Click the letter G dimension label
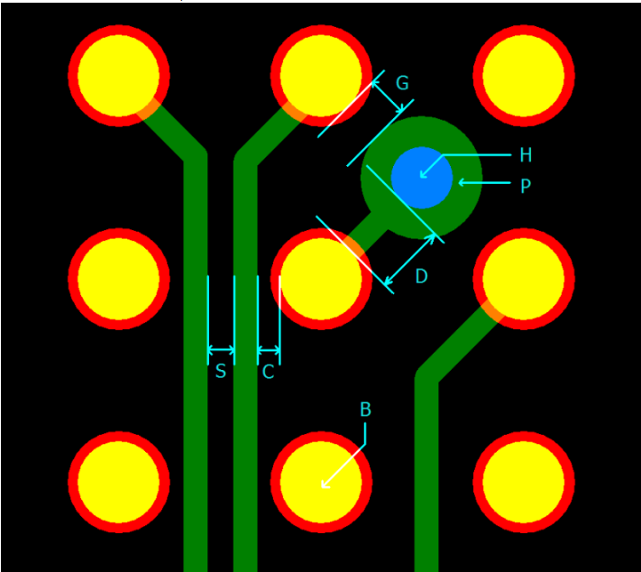point(402,84)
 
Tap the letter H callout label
point(526,155)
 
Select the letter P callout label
point(526,187)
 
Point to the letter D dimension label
point(421,277)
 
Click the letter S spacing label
point(220,372)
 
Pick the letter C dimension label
point(268,372)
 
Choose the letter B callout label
point(365,410)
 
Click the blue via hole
point(421,177)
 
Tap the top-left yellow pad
point(118,76)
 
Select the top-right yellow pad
point(524,76)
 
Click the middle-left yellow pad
point(118,279)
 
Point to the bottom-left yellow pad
point(118,482)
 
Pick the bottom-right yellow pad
point(524,482)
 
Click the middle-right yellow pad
point(524,279)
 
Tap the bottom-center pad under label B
point(321,482)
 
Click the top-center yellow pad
point(321,76)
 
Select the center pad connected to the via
point(321,279)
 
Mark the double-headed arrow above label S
point(221,350)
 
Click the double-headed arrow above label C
point(269,350)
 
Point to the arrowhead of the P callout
point(462,182)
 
